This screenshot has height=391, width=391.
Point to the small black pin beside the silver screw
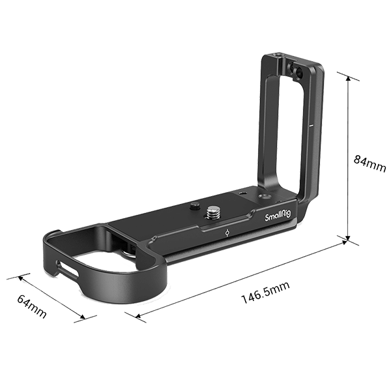(x=194, y=207)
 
